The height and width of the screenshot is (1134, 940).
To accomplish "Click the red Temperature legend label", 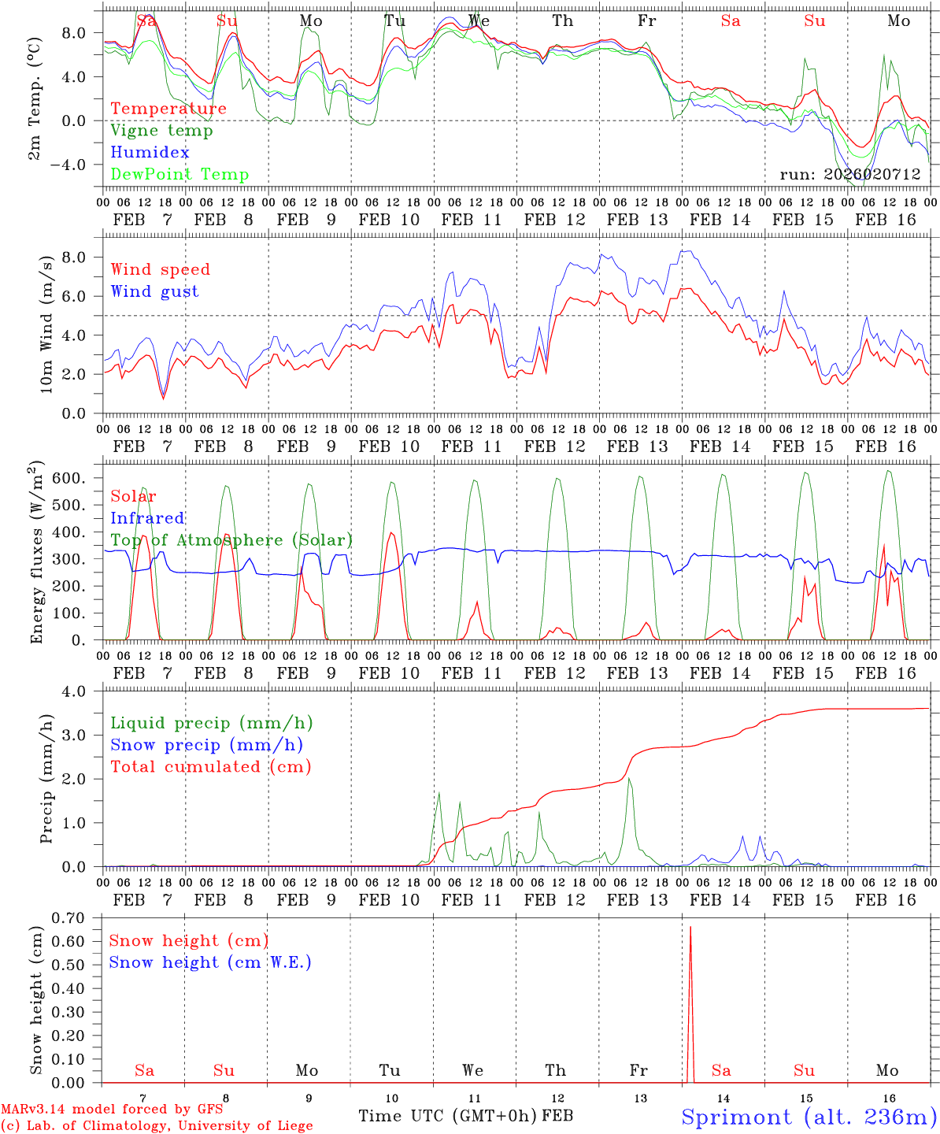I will [168, 109].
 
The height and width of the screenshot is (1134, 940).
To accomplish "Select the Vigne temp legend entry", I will [161, 131].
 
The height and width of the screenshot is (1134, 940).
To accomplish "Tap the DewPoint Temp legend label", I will [179, 175].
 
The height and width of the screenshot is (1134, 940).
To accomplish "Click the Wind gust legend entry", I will [154, 291].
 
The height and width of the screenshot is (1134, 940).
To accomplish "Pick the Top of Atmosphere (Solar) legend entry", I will [231, 540].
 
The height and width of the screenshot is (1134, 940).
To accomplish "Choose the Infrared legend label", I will [147, 518].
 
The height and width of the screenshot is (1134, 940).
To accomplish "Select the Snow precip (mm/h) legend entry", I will [206, 745].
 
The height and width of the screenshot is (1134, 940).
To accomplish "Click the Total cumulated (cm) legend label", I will [210, 766].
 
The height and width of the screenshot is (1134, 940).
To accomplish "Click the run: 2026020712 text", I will [849, 175].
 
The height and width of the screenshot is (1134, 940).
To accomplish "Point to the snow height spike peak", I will [690, 928].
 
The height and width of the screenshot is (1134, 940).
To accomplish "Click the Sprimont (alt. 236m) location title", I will [809, 1117].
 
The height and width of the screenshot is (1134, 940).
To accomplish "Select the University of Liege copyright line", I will [157, 1125].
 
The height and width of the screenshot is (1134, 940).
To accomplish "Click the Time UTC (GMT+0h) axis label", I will [447, 1116].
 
